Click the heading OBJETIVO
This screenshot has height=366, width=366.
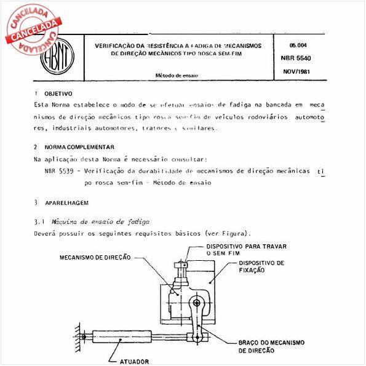coord(59,93)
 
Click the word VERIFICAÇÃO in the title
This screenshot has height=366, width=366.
coord(119,46)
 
